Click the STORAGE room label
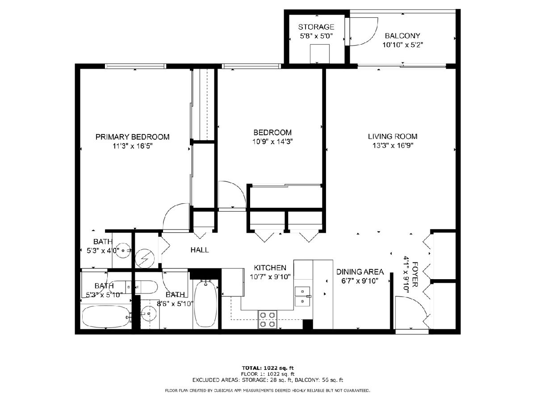316,27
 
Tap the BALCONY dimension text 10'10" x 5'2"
402,45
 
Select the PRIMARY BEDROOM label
132,137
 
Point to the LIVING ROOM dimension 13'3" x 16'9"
393,146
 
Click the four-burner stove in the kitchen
268,319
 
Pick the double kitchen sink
302,296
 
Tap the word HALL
200,250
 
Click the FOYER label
415,274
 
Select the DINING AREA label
360,272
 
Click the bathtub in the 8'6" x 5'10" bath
205,304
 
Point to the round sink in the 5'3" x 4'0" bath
123,250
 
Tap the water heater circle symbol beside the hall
145,258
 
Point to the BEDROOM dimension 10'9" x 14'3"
272,141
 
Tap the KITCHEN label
270,268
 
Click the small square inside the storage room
320,54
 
